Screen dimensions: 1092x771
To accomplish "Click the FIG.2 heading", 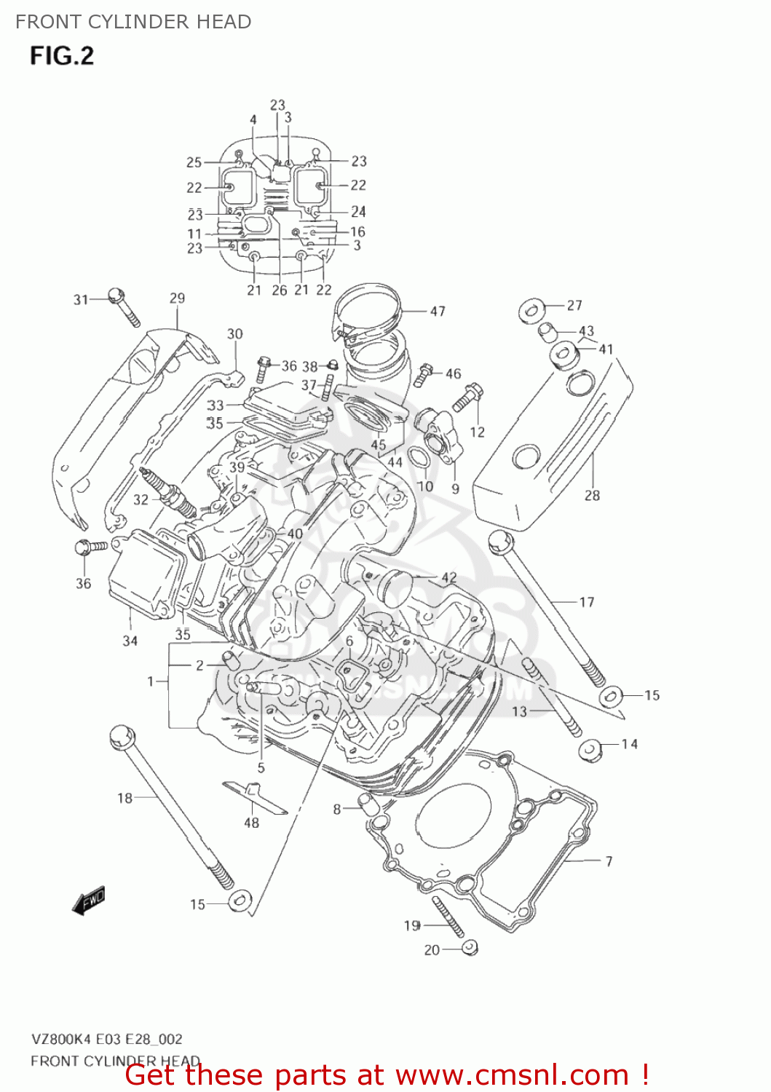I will click(x=62, y=56).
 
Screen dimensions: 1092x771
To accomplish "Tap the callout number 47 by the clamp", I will click(x=438, y=311).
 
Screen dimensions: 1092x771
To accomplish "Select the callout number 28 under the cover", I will click(x=592, y=495).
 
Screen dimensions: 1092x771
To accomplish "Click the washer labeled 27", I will click(x=531, y=310).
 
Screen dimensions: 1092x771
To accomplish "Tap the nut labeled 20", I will click(x=470, y=947).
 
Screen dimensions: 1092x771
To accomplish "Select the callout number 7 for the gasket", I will click(x=609, y=861).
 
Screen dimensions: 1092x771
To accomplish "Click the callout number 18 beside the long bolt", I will click(x=124, y=798).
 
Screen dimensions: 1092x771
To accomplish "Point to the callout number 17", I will click(x=587, y=602).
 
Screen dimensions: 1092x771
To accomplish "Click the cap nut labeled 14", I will click(x=590, y=749).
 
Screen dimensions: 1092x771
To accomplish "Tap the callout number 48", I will click(x=251, y=823).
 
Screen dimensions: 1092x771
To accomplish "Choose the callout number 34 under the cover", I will click(x=130, y=641).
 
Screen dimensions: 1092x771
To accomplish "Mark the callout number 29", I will click(x=177, y=298).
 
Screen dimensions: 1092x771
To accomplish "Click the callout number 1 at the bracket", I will click(x=151, y=681).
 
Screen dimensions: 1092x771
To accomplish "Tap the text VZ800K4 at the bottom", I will click(x=62, y=1039).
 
